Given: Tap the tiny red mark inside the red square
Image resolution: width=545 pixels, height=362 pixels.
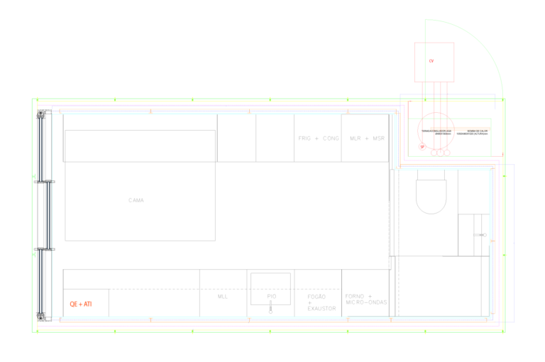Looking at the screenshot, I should (x=431, y=61).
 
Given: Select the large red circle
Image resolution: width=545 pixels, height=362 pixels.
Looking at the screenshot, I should (x=436, y=131).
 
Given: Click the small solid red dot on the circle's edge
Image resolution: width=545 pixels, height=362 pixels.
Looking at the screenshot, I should (x=422, y=147).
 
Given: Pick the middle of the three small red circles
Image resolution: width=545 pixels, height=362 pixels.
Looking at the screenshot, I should (x=440, y=152).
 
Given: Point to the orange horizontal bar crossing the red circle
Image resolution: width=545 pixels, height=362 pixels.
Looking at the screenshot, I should (x=460, y=128).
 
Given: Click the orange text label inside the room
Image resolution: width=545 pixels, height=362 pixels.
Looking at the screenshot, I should (x=80, y=304).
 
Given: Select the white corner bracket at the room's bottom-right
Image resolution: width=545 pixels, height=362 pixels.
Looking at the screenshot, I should (x=491, y=318).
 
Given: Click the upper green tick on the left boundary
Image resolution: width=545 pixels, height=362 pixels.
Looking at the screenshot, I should (x=33, y=177).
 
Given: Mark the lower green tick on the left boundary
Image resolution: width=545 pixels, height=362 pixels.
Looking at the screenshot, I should (x=33, y=254).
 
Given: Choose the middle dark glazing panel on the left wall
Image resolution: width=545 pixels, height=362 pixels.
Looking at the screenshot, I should (x=48, y=216).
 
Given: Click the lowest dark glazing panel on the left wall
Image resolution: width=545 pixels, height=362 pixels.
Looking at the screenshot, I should (x=41, y=282).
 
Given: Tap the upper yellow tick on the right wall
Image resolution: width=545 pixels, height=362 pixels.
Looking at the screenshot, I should (x=505, y=176).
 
